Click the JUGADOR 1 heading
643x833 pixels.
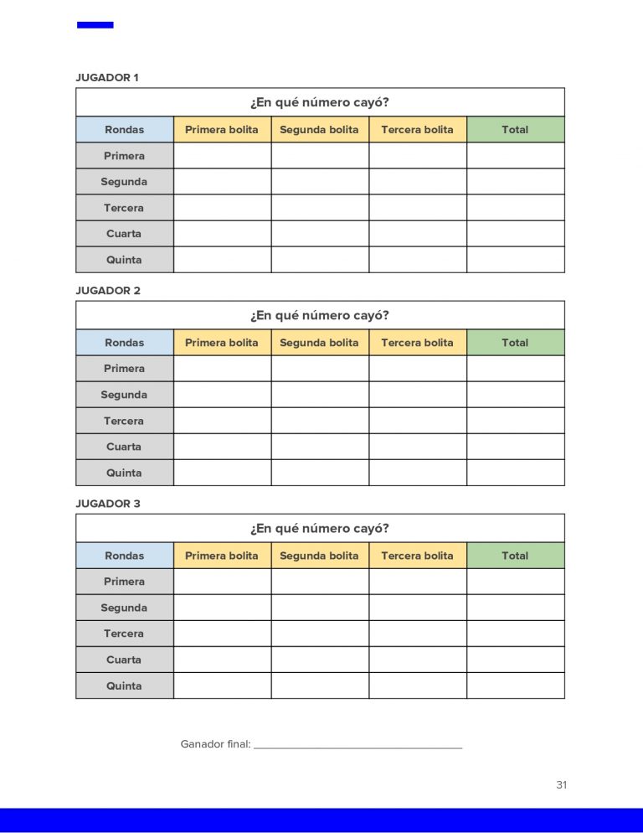(107, 78)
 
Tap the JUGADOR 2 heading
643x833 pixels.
(108, 291)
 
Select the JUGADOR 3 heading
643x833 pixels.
(108, 504)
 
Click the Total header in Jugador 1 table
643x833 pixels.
(515, 130)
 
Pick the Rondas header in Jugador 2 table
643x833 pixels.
(124, 343)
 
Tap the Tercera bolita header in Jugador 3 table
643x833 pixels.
(417, 556)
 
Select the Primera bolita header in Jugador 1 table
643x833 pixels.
(222, 130)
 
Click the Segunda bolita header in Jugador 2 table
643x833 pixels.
(319, 343)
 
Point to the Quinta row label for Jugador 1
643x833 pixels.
(124, 260)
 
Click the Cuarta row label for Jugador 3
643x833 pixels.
(124, 660)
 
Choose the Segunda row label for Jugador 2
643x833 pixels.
(124, 395)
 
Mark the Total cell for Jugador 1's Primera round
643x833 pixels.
(515, 156)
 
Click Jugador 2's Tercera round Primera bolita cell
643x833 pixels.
(222, 421)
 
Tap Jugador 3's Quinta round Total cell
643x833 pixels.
(515, 686)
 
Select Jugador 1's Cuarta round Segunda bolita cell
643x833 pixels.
(319, 234)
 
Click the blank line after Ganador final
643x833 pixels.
(358, 745)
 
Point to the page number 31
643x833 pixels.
(561, 785)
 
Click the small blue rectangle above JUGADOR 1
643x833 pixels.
(95, 25)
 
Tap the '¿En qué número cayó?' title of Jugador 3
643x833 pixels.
(319, 529)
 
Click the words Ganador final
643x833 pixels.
(215, 744)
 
